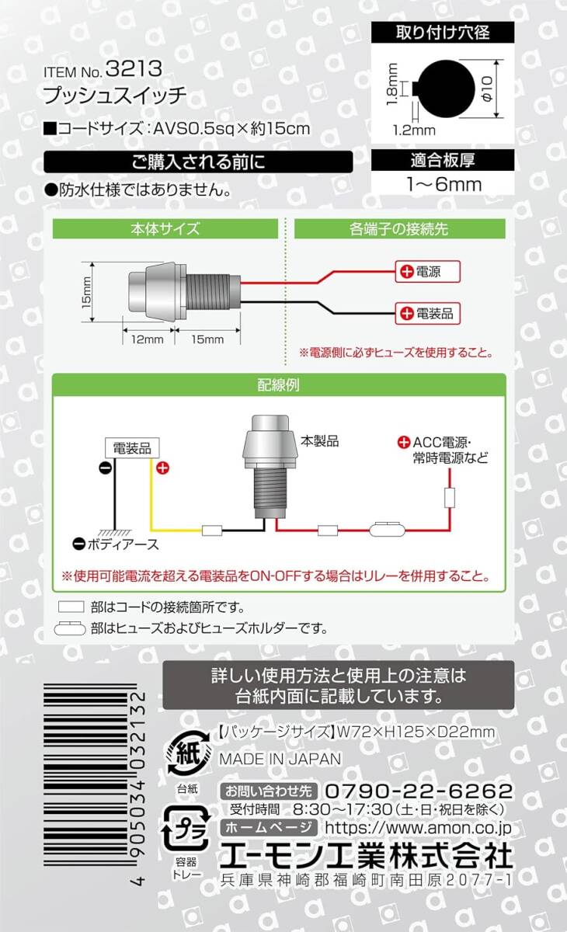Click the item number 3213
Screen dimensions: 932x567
[x=140, y=70]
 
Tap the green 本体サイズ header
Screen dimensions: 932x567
[x=165, y=229]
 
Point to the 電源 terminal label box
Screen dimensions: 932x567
[x=429, y=272]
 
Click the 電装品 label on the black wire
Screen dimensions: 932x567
[x=429, y=314]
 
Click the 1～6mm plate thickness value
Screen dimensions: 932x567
[x=444, y=184]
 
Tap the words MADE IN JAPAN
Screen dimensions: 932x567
[x=280, y=759]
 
